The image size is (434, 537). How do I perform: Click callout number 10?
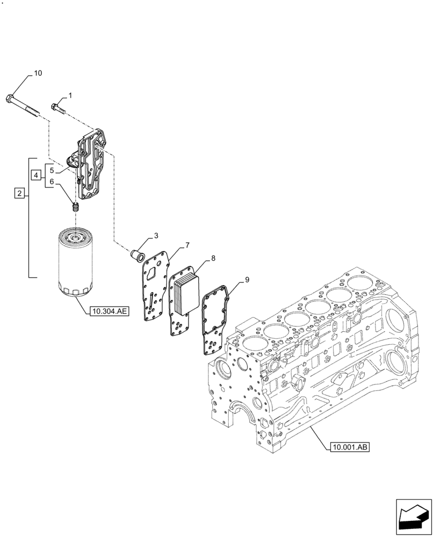[x=38, y=72]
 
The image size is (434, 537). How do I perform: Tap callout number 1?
[x=70, y=96]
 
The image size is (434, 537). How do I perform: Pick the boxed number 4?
[x=35, y=175]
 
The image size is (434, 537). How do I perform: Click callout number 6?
[x=52, y=182]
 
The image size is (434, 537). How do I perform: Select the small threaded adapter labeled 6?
[x=76, y=206]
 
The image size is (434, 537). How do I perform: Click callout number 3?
[x=156, y=236]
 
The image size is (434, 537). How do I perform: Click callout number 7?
[x=187, y=246]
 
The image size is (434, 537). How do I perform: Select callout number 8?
[x=214, y=259]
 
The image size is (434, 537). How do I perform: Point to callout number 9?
[x=247, y=280]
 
